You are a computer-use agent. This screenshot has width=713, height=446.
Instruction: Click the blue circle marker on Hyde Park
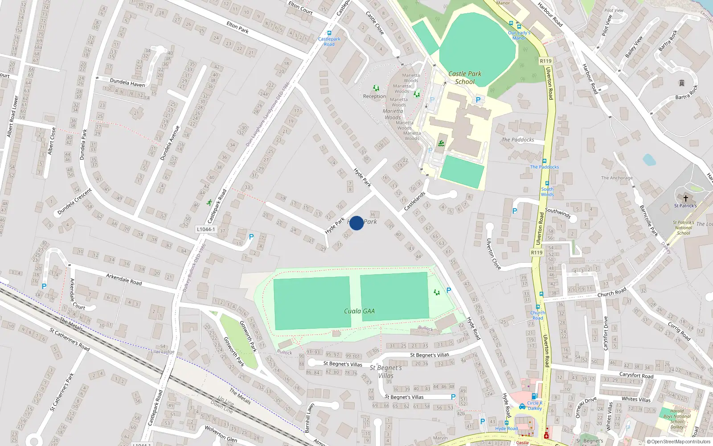[356, 223]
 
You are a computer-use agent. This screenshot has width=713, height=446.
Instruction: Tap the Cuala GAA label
[359, 311]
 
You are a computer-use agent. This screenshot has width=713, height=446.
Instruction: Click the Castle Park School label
[465, 78]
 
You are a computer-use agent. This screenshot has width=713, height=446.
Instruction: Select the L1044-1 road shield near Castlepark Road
[206, 229]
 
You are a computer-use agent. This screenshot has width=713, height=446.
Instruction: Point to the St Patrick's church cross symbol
[685, 198]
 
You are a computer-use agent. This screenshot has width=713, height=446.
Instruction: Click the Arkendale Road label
[124, 279]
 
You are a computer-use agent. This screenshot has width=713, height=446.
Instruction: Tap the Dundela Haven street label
[127, 83]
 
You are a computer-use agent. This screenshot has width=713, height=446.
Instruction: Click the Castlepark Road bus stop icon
[329, 33]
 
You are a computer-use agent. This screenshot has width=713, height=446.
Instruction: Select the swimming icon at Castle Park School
[441, 143]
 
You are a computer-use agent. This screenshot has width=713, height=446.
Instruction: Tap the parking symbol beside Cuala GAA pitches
[449, 290]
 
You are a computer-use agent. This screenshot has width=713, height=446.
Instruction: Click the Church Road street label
[612, 293]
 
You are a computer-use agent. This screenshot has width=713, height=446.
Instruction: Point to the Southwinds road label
[557, 213]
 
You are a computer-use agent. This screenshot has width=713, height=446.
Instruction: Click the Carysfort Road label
[636, 375]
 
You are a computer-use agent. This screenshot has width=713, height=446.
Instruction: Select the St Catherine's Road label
[70, 339]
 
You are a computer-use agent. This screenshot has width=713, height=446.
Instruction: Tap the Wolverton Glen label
[221, 433]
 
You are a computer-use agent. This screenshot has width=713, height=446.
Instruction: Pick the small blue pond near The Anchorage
[649, 160]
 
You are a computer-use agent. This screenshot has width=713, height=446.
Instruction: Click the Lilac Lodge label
[163, 351]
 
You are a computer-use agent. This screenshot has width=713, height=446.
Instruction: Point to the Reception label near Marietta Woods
[374, 96]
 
